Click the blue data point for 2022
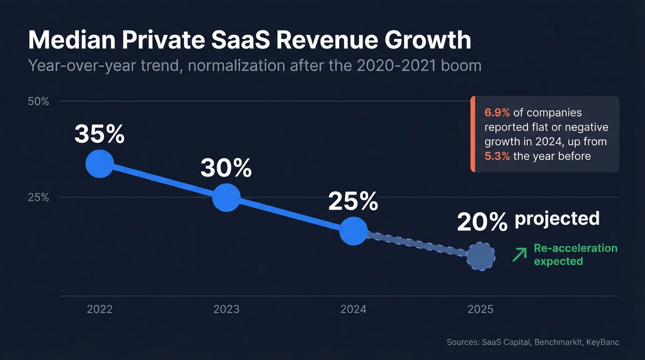click(x=100, y=164)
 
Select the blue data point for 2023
click(x=226, y=197)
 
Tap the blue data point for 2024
click(x=353, y=231)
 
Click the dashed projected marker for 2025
click(x=481, y=256)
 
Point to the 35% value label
click(x=100, y=134)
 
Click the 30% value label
click(x=226, y=168)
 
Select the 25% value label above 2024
click(x=353, y=201)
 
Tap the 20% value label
click(x=482, y=222)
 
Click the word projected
click(x=557, y=218)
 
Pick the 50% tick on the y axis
click(x=39, y=101)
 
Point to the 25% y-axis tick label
click(x=39, y=197)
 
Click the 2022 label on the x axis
click(x=100, y=309)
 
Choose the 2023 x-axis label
click(x=226, y=309)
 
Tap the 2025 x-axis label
click(x=481, y=309)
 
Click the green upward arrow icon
click(x=519, y=255)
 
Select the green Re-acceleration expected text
click(x=575, y=254)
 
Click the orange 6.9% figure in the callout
click(x=497, y=112)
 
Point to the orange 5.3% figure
click(x=497, y=156)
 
